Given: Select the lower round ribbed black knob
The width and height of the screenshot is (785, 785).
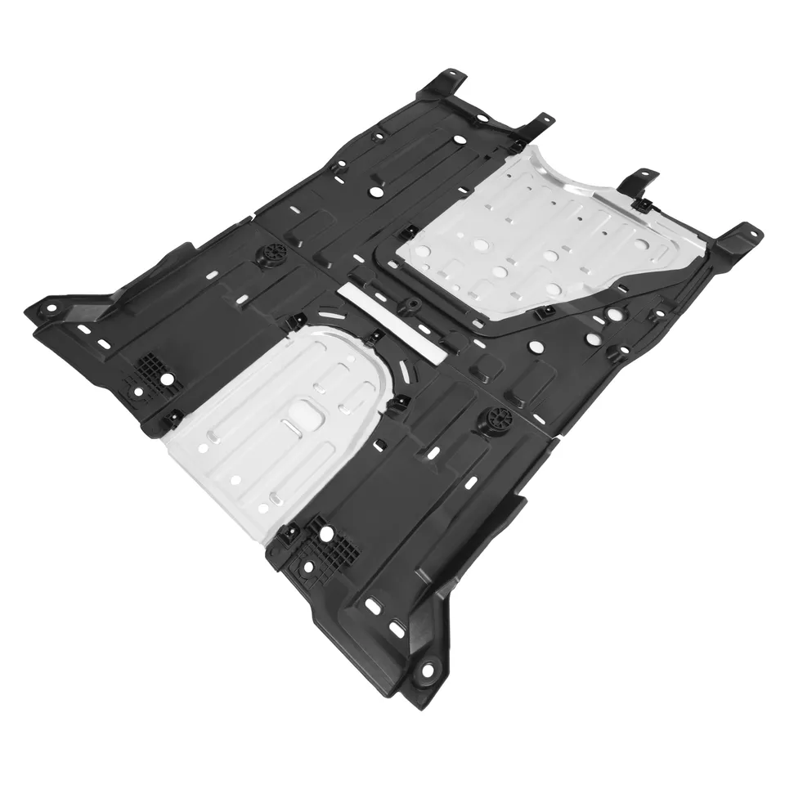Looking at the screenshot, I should [497, 420].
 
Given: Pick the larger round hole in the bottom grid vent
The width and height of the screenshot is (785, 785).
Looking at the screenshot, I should [326, 534].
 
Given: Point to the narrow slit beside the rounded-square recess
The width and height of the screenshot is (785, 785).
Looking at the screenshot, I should [290, 426].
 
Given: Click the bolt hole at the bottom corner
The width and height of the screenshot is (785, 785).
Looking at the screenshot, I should [426, 673].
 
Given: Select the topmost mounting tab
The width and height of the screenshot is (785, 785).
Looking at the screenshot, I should [446, 83].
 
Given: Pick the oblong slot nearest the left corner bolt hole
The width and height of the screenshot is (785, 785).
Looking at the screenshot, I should [84, 330].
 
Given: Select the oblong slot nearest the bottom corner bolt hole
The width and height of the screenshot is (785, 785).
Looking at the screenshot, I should [398, 630].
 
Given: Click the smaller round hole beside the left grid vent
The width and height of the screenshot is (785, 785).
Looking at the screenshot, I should [137, 392].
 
